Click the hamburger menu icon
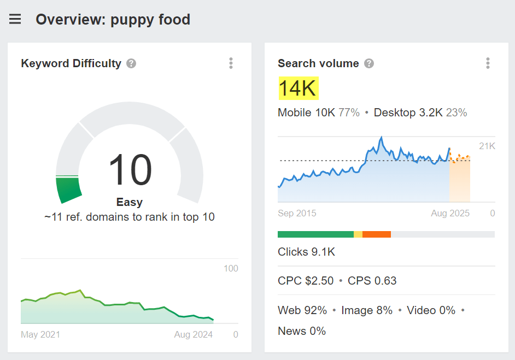(x=15, y=20)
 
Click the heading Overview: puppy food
(x=113, y=20)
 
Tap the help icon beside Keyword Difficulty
(x=131, y=63)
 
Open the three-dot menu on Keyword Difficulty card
(x=231, y=63)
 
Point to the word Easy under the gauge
(x=130, y=202)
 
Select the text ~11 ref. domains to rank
(x=130, y=217)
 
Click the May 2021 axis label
(x=40, y=334)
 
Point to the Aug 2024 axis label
(x=194, y=334)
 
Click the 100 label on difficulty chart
(x=231, y=268)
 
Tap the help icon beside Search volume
(x=369, y=63)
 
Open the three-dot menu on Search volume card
(x=488, y=63)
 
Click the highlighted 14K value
(x=298, y=88)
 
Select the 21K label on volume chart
(x=487, y=146)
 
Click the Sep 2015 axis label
(x=297, y=213)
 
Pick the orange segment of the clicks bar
(x=376, y=234)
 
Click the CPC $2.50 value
(x=306, y=281)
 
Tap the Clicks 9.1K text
(x=306, y=252)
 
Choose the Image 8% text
(x=367, y=310)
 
